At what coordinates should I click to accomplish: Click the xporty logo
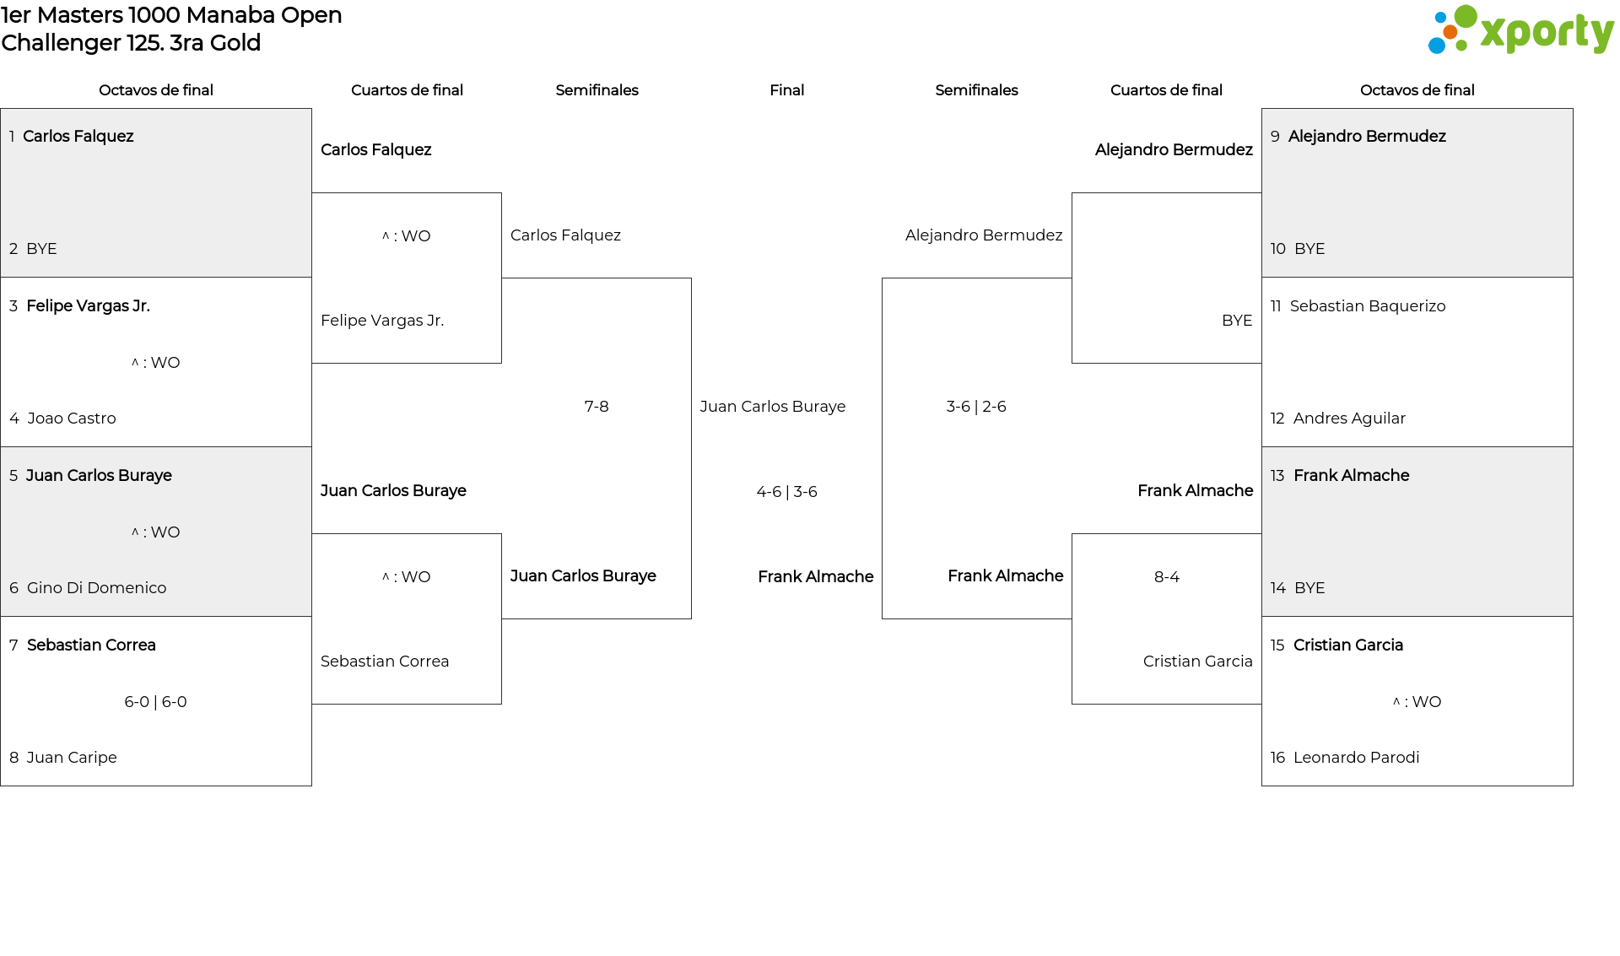pyautogui.click(x=1520, y=30)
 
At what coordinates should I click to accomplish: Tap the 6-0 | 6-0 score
pyautogui.click(x=155, y=702)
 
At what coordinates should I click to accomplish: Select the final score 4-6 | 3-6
pyautogui.click(x=786, y=492)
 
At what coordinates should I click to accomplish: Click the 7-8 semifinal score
pyautogui.click(x=597, y=407)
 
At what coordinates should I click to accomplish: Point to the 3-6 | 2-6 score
pyautogui.click(x=976, y=407)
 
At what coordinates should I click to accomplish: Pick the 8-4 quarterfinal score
pyautogui.click(x=1167, y=577)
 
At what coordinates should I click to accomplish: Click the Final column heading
pyautogui.click(x=786, y=90)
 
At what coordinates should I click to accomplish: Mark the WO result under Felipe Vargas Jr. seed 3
pyautogui.click(x=155, y=363)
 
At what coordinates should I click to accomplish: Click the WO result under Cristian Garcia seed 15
pyautogui.click(x=1417, y=702)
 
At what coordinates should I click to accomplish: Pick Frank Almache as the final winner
pyautogui.click(x=816, y=577)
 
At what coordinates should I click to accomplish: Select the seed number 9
pyautogui.click(x=1275, y=137)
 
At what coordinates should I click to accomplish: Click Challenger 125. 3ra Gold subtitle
pyautogui.click(x=131, y=43)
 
